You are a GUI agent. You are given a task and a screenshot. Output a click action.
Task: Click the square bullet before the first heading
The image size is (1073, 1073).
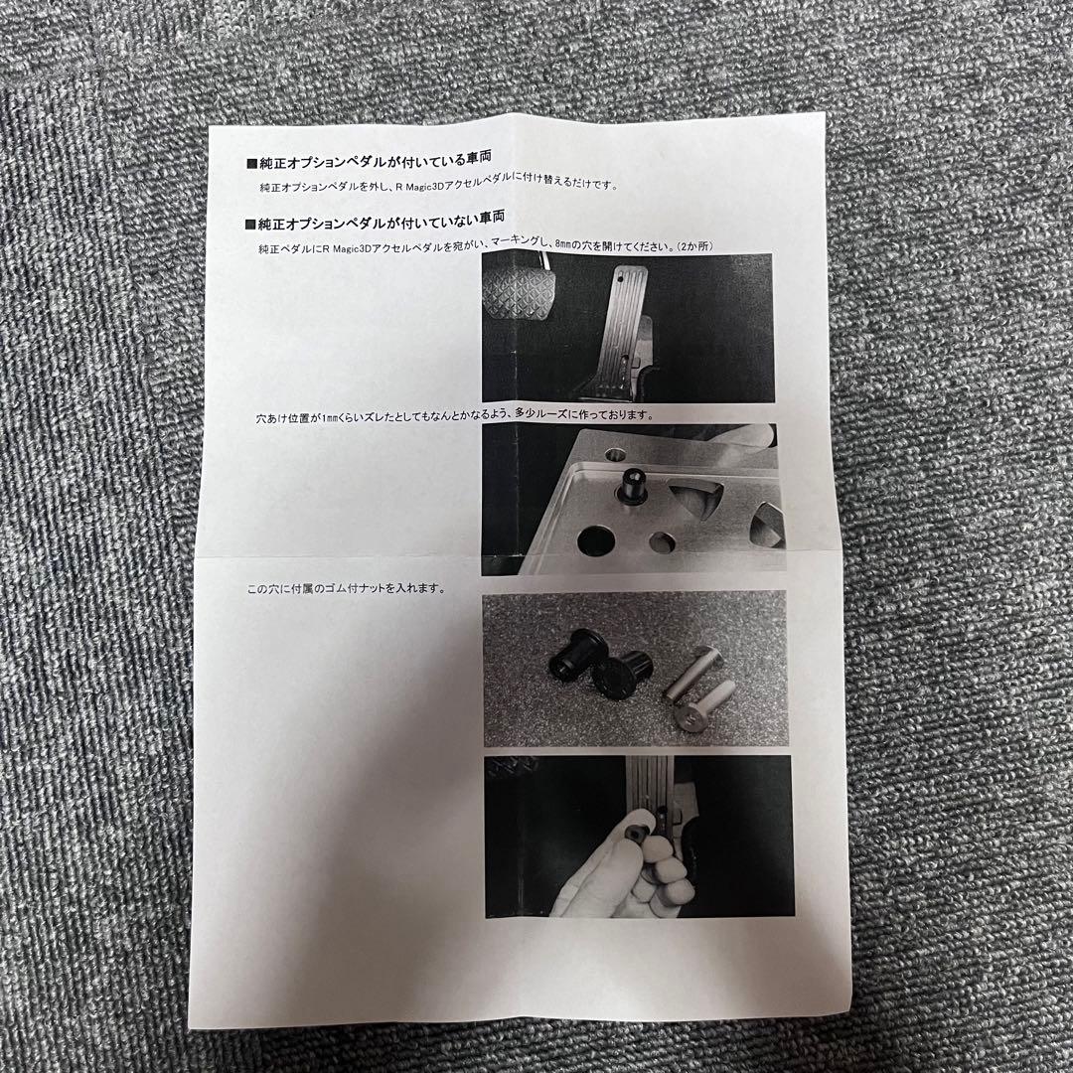tap(250, 164)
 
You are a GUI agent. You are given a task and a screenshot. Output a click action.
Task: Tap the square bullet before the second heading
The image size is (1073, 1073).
tap(249, 225)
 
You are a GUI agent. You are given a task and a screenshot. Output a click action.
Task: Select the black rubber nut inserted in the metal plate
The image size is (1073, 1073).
tap(633, 486)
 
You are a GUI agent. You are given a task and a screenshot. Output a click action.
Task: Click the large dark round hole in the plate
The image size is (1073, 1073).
tap(595, 540)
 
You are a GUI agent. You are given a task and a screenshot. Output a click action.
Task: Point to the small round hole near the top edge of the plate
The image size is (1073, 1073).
tap(615, 454)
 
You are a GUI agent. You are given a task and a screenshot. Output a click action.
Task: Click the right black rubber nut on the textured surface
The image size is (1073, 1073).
tap(621, 675)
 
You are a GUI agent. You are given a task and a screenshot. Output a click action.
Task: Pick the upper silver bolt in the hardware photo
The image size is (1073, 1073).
tap(690, 672)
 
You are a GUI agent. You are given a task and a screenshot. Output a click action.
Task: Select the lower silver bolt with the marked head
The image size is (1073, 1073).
tap(702, 708)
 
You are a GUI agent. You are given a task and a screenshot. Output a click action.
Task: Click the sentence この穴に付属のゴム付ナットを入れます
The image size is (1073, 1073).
tap(347, 588)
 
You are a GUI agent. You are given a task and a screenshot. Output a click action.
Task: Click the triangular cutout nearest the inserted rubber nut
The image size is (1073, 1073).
tap(693, 503)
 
